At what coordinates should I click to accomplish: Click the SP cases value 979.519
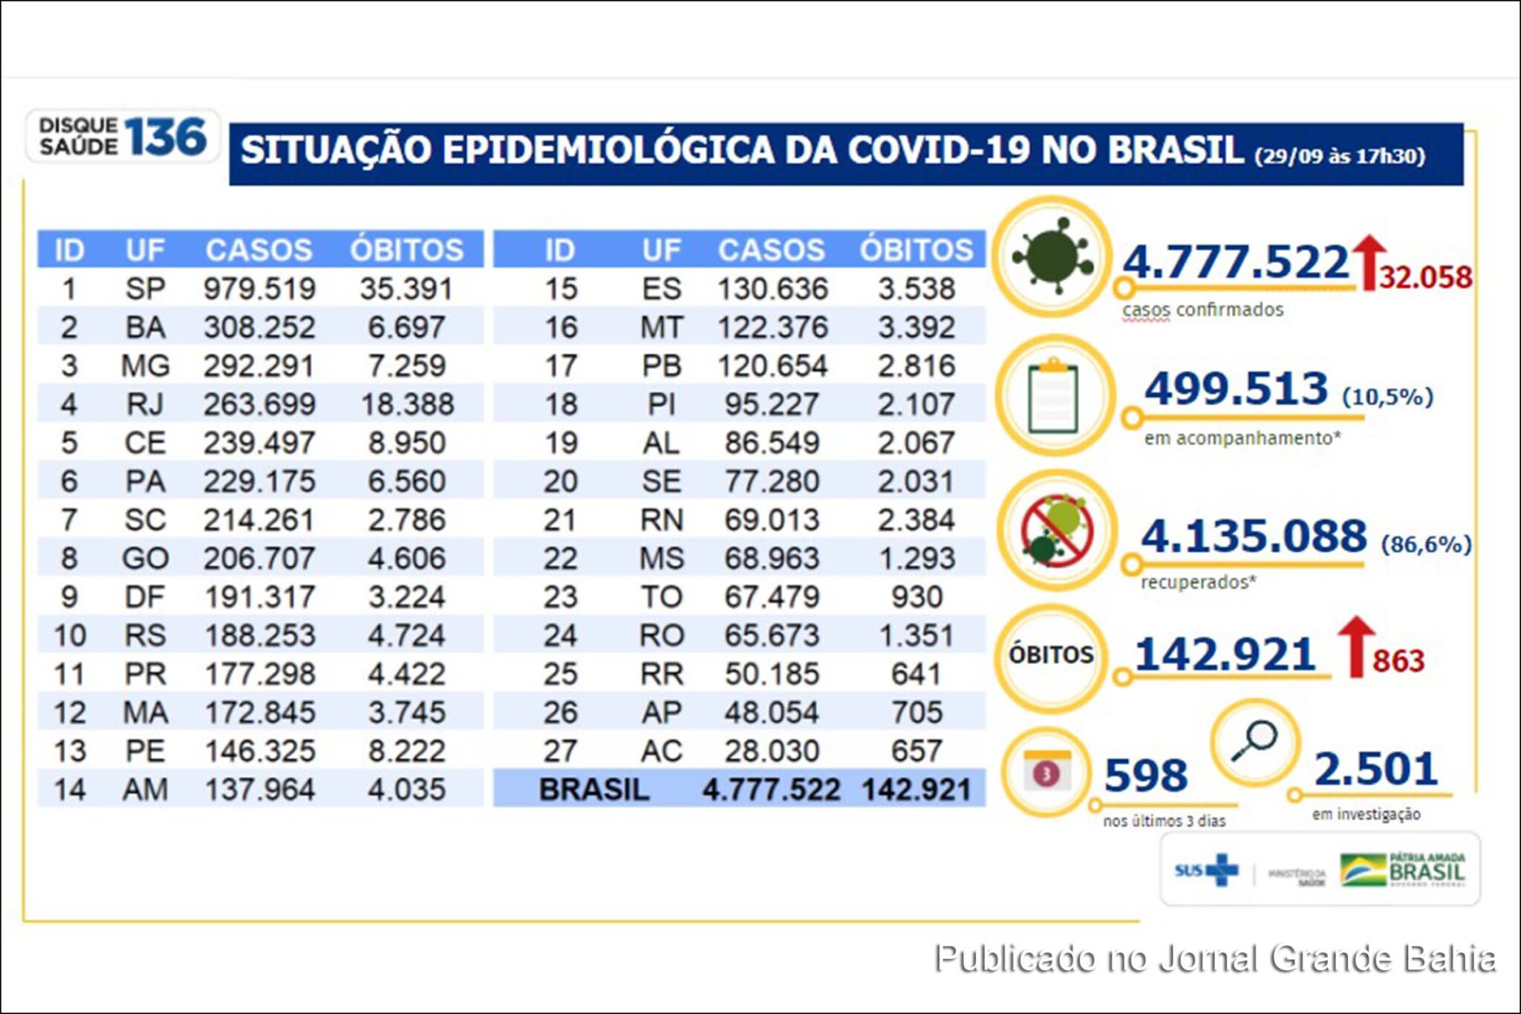[x=259, y=289]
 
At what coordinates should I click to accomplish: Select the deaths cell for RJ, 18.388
[x=407, y=405]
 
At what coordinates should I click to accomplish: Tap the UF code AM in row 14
[x=146, y=790]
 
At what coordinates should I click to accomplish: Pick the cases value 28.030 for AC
[x=772, y=751]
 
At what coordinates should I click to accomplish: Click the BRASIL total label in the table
[x=593, y=790]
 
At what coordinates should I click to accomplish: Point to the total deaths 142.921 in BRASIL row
[x=916, y=790]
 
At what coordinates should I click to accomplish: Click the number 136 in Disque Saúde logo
[x=165, y=137]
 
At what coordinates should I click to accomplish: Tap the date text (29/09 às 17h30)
[x=1339, y=157]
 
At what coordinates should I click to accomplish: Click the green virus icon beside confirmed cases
[x=1052, y=257]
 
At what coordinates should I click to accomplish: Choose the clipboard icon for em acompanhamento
[x=1053, y=396]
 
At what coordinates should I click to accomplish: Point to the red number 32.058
[x=1425, y=278]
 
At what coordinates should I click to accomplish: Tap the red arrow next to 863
[x=1356, y=646]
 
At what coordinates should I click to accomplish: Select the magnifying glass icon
[x=1254, y=741]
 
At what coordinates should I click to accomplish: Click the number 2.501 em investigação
[x=1375, y=769]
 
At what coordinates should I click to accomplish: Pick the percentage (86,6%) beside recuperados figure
[x=1425, y=545]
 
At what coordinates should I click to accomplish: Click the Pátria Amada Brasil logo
[x=1403, y=869]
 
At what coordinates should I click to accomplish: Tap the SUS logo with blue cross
[x=1207, y=870]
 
